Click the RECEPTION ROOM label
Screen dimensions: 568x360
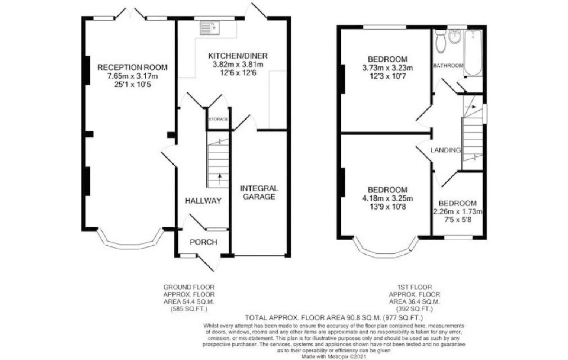pyautogui.click(x=133, y=67)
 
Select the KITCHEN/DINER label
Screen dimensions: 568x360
pyautogui.click(x=238, y=56)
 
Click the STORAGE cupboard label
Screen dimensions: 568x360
pyautogui.click(x=218, y=119)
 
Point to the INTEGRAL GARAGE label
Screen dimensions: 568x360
pyautogui.click(x=259, y=192)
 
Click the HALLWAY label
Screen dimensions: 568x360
pyautogui.click(x=203, y=201)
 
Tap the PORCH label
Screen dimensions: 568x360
pyautogui.click(x=204, y=242)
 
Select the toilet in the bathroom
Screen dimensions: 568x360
pyautogui.click(x=440, y=41)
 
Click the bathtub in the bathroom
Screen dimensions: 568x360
pyautogui.click(x=473, y=53)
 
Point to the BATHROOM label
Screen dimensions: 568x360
pyautogui.click(x=448, y=66)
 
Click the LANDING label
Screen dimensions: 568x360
pyautogui.click(x=445, y=150)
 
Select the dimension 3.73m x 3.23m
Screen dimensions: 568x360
pyautogui.click(x=387, y=67)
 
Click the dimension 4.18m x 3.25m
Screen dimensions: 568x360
pyautogui.click(x=387, y=199)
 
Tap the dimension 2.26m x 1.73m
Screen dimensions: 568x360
pyautogui.click(x=458, y=211)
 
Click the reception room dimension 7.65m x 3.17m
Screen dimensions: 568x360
pyautogui.click(x=133, y=76)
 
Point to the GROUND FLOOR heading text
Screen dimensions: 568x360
pyautogui.click(x=189, y=287)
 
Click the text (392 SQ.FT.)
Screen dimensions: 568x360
pyautogui.click(x=414, y=309)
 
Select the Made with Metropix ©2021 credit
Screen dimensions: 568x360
pyautogui.click(x=333, y=357)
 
